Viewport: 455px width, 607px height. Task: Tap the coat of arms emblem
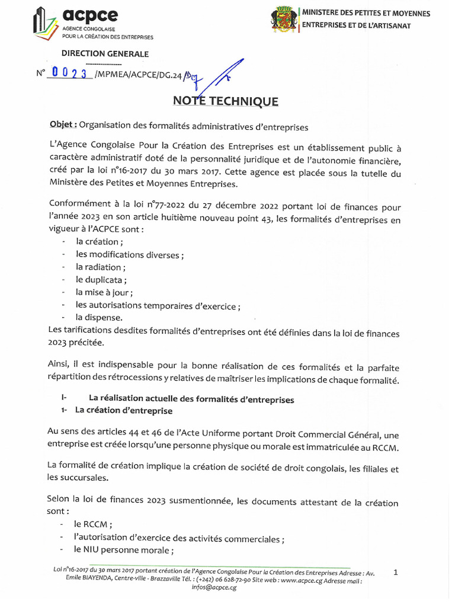coord(283,18)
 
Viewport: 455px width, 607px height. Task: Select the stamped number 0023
coord(69,73)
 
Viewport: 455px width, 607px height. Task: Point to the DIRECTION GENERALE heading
coord(105,54)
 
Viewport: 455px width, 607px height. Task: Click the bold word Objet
coord(62,125)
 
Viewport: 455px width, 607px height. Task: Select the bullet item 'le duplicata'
coord(101,279)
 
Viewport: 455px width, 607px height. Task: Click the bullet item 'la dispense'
coord(99,317)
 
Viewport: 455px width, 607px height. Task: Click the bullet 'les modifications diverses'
coord(129,254)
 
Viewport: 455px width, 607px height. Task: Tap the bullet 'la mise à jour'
coord(104,292)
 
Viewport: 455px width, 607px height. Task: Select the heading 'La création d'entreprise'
coord(123,411)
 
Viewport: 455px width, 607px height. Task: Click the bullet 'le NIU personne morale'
coord(123,551)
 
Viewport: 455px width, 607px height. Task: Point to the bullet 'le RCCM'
coord(93,525)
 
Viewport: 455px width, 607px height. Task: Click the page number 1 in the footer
coord(395,572)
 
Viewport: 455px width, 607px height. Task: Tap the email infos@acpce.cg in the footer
coord(214,587)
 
